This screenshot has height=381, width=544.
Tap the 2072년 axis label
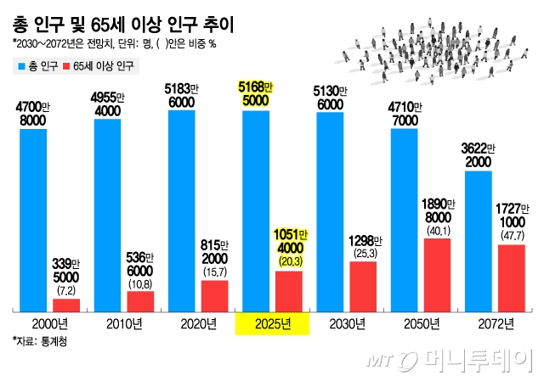point(497,324)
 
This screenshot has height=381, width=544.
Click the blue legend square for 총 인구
point(19,65)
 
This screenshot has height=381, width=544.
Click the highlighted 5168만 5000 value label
point(256,93)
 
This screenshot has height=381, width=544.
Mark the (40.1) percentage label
point(437,228)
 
